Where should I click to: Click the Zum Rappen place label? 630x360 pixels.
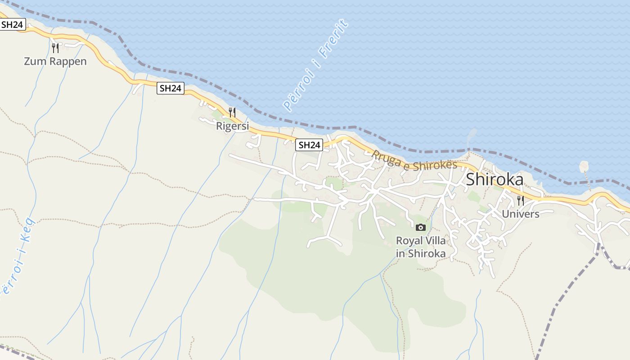55,61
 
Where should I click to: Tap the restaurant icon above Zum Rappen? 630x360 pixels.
55,47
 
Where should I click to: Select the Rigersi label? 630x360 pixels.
232,126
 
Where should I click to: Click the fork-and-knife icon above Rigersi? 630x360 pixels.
232,112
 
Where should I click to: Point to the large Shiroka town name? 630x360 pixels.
495,180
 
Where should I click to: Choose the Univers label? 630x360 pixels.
520,214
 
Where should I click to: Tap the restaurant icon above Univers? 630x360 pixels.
521,200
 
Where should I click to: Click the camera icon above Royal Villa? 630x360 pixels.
421,227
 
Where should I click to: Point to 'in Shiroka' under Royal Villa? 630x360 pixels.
421,253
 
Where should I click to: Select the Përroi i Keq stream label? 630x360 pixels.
17,256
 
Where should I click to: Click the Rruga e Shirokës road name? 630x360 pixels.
414,161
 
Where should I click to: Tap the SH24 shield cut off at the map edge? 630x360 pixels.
12,24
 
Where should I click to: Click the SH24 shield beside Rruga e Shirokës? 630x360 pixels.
310,145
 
